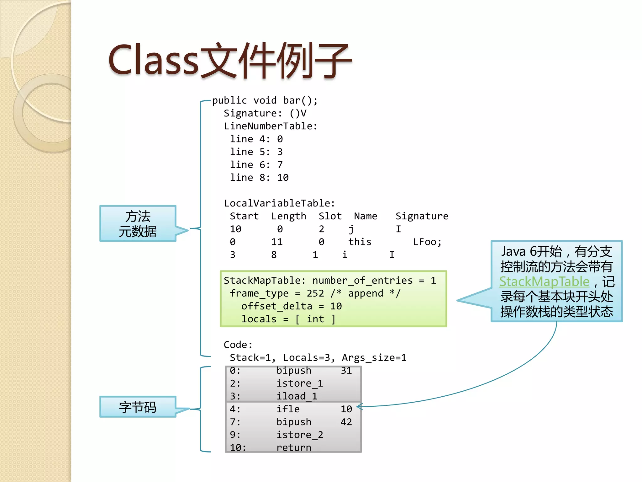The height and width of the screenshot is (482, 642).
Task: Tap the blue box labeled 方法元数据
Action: pyautogui.click(x=138, y=223)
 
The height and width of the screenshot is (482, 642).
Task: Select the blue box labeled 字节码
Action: pyautogui.click(x=138, y=407)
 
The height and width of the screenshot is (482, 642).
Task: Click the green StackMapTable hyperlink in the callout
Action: pyautogui.click(x=544, y=281)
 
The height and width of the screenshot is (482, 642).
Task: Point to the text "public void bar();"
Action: pyautogui.click(x=265, y=100)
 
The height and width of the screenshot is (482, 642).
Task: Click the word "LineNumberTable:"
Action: pyautogui.click(x=270, y=126)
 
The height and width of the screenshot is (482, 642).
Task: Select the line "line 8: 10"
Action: pyautogui.click(x=259, y=178)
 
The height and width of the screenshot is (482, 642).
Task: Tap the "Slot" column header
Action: pyautogui.click(x=330, y=216)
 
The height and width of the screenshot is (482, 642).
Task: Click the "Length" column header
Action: pyautogui.click(x=288, y=216)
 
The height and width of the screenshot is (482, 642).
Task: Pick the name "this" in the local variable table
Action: pyautogui.click(x=360, y=242)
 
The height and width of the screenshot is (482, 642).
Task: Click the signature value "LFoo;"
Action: pyautogui.click(x=427, y=242)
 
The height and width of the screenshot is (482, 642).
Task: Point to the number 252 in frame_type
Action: pyautogui.click(x=315, y=293)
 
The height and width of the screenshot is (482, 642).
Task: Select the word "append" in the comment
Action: pyautogui.click(x=366, y=293)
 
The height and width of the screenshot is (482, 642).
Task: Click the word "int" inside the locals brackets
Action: pyautogui.click(x=315, y=319)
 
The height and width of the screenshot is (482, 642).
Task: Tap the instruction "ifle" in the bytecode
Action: pyautogui.click(x=288, y=409)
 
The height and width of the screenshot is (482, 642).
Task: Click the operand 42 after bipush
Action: pyautogui.click(x=346, y=422)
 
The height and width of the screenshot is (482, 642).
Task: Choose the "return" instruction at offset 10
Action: pyautogui.click(x=294, y=447)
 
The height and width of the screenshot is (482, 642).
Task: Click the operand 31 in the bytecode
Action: pyautogui.click(x=346, y=371)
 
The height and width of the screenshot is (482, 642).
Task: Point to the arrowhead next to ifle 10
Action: pyautogui.click(x=359, y=407)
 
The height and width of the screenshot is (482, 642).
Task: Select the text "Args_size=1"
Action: pyautogui.click(x=374, y=358)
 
